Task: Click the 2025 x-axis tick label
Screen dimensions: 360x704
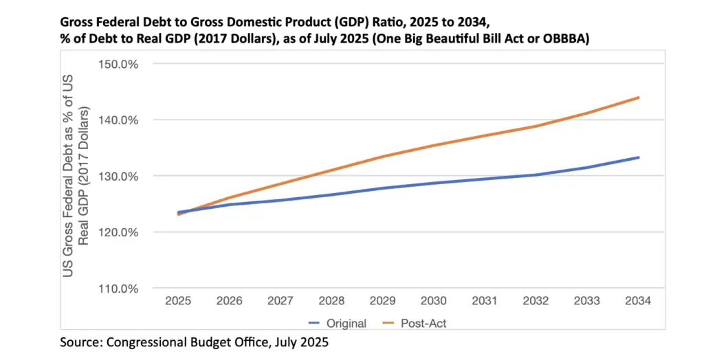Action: point(178,302)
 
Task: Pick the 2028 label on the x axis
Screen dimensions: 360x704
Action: point(331,302)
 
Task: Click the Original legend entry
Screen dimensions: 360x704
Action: point(338,323)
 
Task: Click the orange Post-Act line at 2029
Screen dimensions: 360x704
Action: point(384,156)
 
